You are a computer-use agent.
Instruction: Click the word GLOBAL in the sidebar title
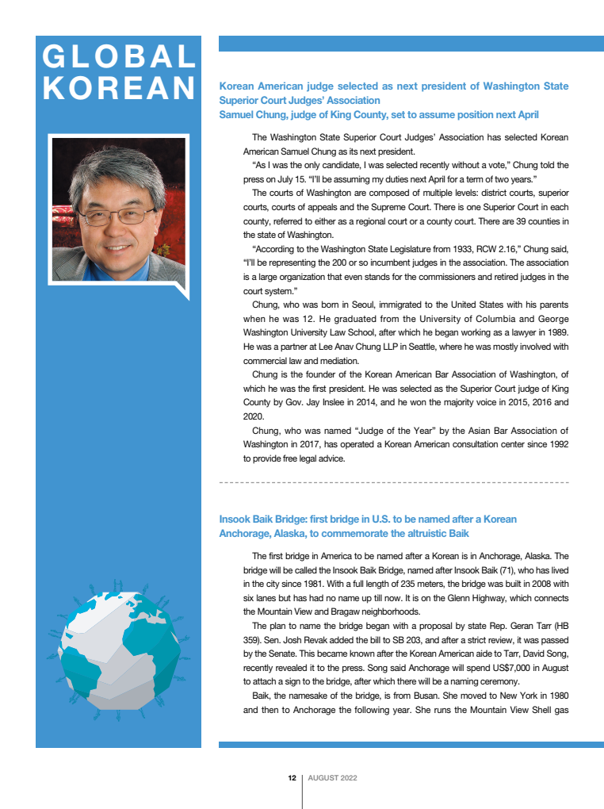tap(119, 56)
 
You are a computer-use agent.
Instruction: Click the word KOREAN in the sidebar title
tap(119, 87)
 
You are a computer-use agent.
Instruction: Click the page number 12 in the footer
tap(292, 778)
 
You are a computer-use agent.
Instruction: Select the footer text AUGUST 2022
tap(332, 778)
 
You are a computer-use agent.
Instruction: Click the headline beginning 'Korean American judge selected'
tap(393, 86)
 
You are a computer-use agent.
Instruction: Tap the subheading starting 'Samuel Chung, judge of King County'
tap(378, 115)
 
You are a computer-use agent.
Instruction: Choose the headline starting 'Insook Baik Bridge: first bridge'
tap(368, 519)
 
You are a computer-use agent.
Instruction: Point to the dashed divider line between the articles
tap(393, 482)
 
